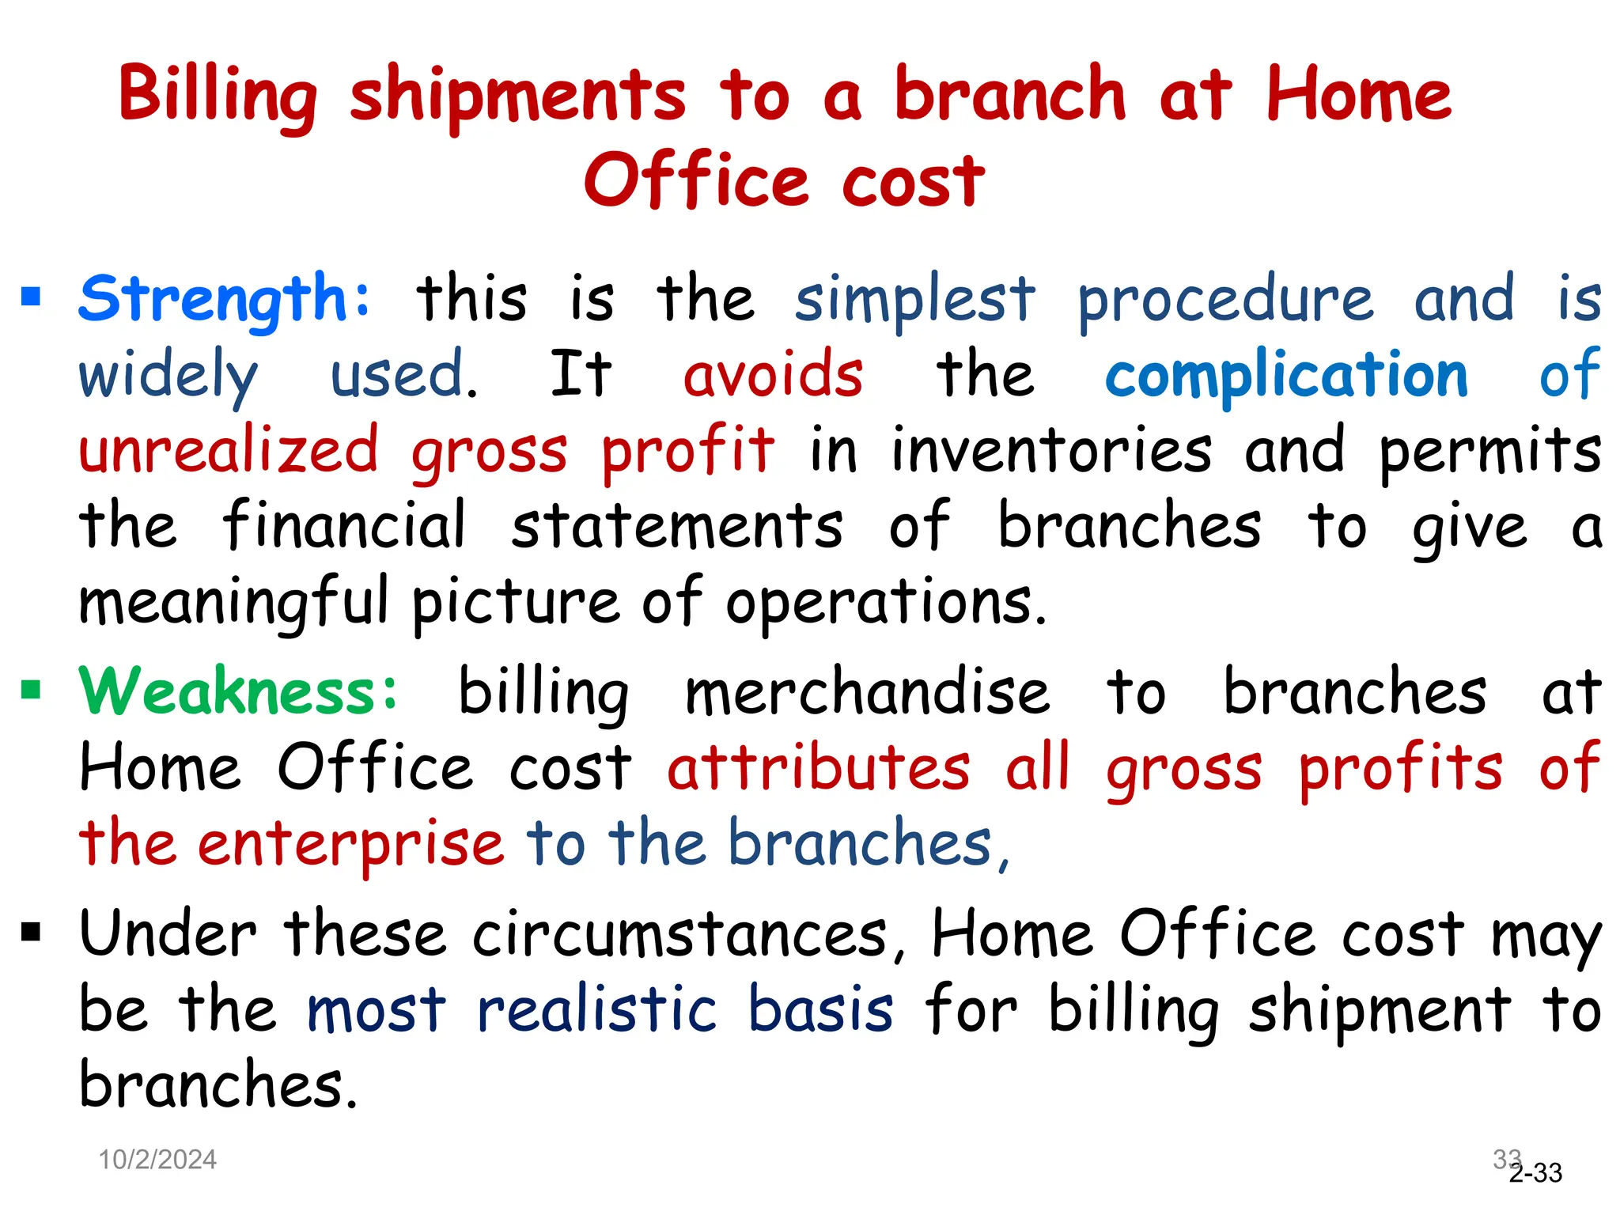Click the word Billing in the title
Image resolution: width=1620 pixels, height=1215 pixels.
coord(218,97)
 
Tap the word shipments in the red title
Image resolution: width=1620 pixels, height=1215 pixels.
coord(518,97)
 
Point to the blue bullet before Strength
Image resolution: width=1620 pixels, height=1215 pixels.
coord(32,297)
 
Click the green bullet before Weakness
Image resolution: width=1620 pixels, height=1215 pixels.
coord(32,690)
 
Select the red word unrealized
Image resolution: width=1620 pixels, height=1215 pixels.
coord(229,451)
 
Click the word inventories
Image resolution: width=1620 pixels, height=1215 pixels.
coord(1051,451)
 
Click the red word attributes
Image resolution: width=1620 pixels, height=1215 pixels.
coord(818,768)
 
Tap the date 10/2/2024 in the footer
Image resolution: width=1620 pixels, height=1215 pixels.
coord(157,1160)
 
